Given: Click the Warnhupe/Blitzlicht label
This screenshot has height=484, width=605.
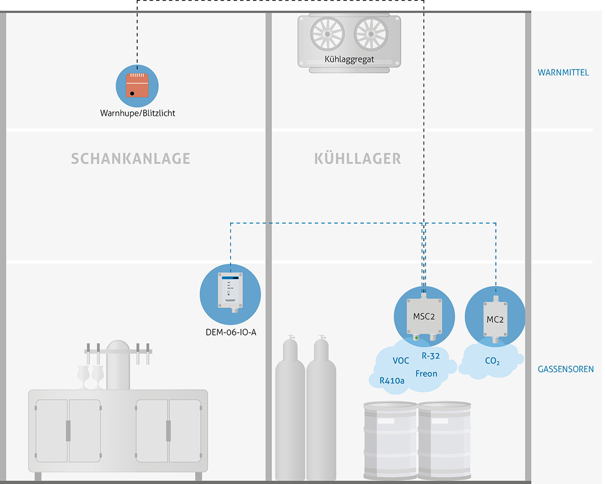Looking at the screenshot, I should pyautogui.click(x=138, y=113).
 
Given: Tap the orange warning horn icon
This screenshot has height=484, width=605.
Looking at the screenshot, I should pyautogui.click(x=138, y=84).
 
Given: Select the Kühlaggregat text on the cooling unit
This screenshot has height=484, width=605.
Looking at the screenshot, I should pyautogui.click(x=349, y=59).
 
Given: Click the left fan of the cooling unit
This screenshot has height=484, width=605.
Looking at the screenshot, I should pyautogui.click(x=327, y=34).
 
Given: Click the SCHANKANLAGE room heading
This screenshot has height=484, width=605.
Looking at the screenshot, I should pyautogui.click(x=131, y=159).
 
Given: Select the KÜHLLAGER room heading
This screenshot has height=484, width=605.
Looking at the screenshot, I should pyautogui.click(x=357, y=159).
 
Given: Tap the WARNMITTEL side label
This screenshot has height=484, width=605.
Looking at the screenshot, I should pyautogui.click(x=563, y=73).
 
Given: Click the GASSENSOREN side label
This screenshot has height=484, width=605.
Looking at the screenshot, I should pyautogui.click(x=566, y=369).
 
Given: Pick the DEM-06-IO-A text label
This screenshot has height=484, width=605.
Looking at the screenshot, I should pyautogui.click(x=230, y=332).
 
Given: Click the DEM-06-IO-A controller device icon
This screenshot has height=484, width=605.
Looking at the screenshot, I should pyautogui.click(x=230, y=291).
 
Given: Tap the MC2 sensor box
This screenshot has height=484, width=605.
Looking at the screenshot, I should pyautogui.click(x=495, y=318).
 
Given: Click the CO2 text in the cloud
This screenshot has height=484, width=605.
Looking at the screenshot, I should pyautogui.click(x=492, y=361).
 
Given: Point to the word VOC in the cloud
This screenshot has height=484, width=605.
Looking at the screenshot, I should pyautogui.click(x=401, y=361).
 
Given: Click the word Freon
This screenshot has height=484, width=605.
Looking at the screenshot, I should pyautogui.click(x=426, y=374).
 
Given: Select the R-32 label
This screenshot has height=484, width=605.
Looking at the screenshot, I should pyautogui.click(x=431, y=356).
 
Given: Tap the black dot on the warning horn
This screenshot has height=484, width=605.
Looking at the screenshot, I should pyautogui.click(x=132, y=93).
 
